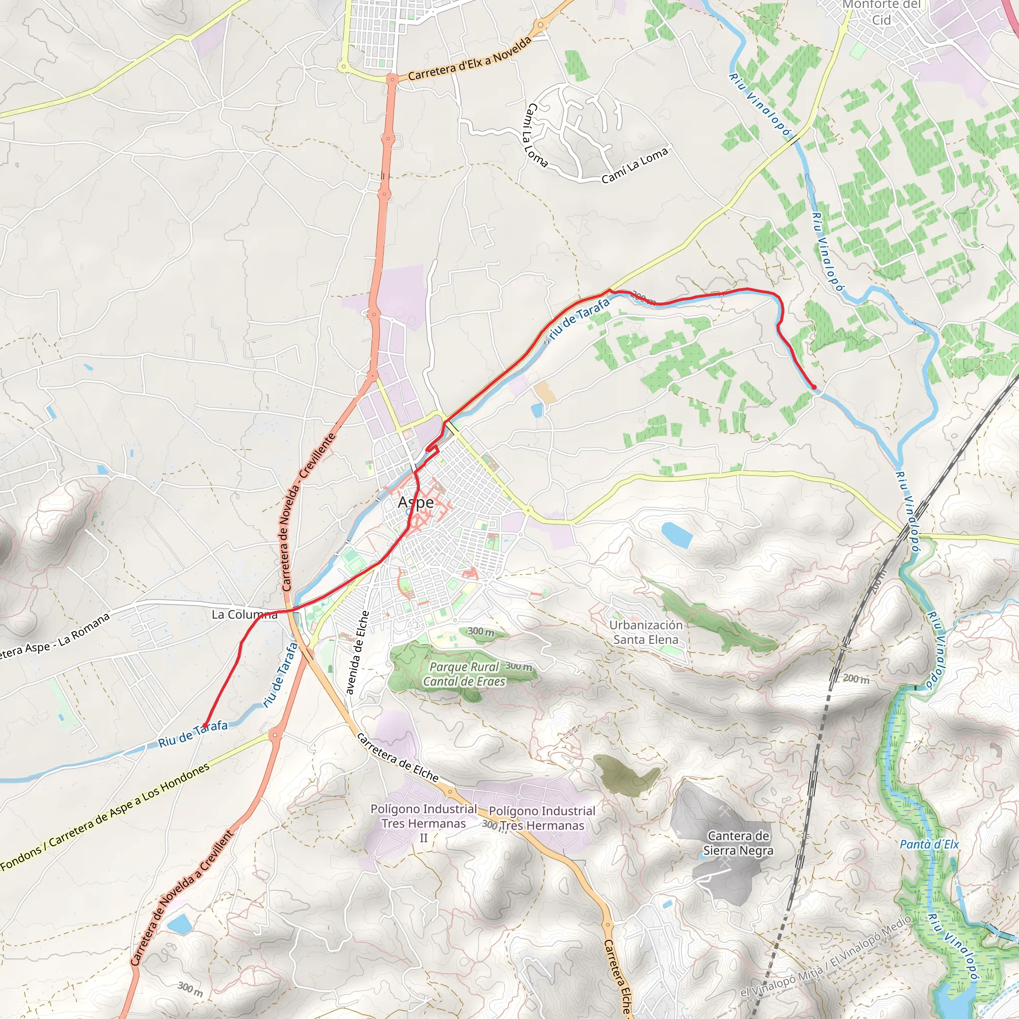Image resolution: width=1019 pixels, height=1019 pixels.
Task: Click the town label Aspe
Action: point(415,502)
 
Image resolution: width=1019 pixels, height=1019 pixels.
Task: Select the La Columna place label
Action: point(244,614)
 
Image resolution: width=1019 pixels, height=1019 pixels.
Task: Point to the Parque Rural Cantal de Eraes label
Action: point(464,674)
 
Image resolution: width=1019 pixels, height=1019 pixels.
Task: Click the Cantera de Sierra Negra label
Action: point(738,843)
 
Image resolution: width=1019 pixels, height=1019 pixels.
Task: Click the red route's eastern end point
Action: point(814,387)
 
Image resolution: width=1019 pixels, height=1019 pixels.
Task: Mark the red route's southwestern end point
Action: point(204,725)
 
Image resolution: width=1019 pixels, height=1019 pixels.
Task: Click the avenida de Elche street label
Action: point(358,653)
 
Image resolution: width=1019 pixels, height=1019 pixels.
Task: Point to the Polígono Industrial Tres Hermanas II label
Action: point(423,823)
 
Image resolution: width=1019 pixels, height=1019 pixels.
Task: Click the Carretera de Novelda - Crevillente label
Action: point(308,511)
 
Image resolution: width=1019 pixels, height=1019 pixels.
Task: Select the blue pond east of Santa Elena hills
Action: point(676,534)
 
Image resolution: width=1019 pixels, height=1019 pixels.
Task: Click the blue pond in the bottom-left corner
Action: point(179,924)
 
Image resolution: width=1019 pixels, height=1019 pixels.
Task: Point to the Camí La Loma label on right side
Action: point(634,165)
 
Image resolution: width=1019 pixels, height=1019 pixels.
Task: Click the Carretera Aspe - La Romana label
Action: point(53,638)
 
